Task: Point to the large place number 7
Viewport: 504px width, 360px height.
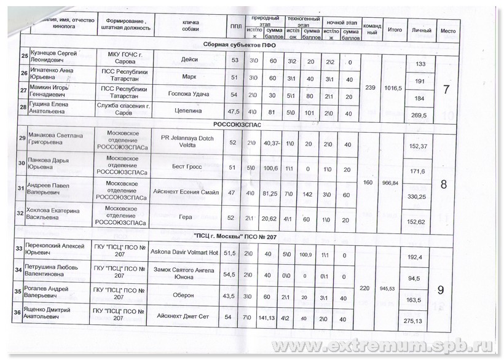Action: tap(446, 89)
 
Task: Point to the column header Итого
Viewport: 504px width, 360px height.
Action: tap(395, 29)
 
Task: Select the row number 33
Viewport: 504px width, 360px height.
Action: tap(18, 249)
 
